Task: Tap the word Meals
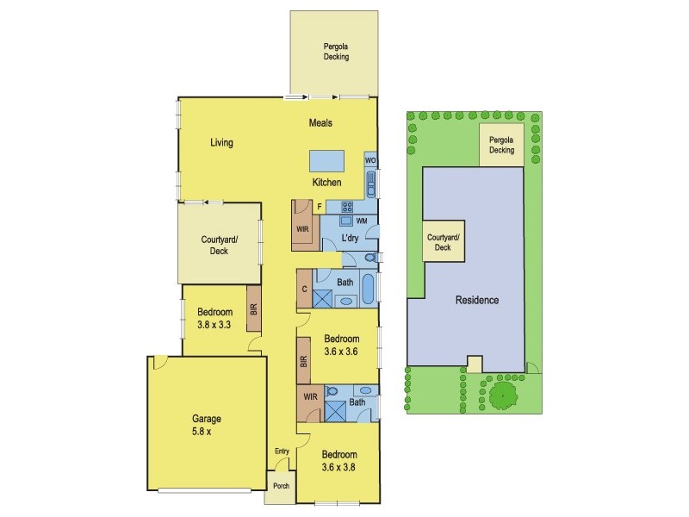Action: pos(320,123)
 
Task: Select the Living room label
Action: pos(221,143)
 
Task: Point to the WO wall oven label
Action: pos(370,160)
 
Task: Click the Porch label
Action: pos(281,486)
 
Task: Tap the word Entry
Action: pos(282,452)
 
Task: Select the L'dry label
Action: pos(351,238)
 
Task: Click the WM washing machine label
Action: pos(361,221)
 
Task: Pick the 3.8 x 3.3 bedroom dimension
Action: pos(214,327)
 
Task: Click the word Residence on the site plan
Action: pos(476,301)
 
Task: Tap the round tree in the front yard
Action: pos(500,396)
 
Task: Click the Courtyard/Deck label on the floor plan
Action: pos(219,245)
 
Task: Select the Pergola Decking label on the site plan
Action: pos(501,144)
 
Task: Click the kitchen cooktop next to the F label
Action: pos(349,207)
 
